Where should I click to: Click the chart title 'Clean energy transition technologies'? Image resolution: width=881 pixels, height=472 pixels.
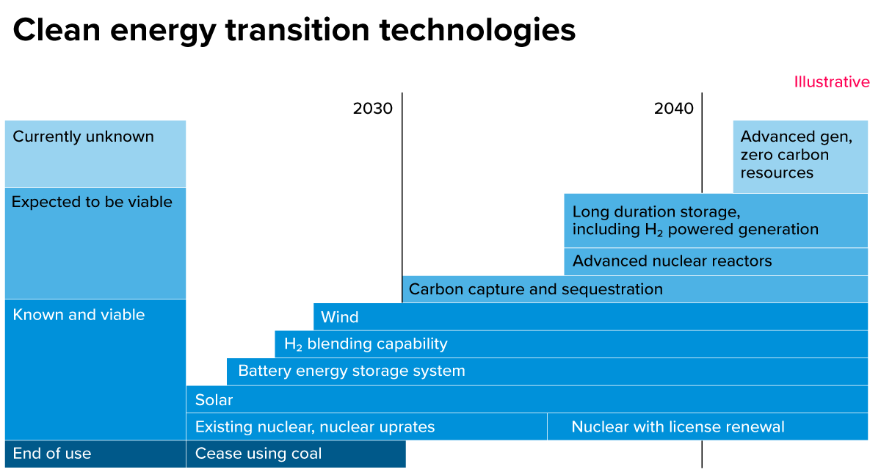tap(294, 31)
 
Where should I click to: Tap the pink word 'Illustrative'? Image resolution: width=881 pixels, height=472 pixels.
tap(831, 82)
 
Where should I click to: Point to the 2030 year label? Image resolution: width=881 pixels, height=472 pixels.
tap(372, 109)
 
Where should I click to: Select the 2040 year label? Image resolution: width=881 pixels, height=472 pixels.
tap(673, 109)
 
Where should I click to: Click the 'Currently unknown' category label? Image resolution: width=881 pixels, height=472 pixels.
tap(83, 137)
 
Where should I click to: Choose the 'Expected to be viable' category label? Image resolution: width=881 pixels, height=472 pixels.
tap(92, 202)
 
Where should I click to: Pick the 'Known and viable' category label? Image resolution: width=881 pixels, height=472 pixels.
tap(79, 315)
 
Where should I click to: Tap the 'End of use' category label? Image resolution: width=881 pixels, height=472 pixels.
tap(52, 454)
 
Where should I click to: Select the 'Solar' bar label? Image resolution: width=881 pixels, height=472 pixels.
tap(214, 400)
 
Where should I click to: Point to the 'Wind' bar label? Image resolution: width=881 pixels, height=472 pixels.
tap(339, 317)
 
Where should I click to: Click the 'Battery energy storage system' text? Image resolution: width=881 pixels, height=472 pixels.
tap(351, 371)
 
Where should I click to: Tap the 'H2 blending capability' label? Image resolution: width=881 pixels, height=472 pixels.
tap(366, 344)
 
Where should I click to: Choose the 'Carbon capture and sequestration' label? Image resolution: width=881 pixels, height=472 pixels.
tap(535, 289)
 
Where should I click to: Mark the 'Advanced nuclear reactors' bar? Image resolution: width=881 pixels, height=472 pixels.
tap(672, 261)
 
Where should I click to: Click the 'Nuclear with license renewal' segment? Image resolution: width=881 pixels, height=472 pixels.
tap(678, 427)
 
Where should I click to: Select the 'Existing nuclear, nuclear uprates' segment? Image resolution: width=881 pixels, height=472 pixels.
tap(315, 427)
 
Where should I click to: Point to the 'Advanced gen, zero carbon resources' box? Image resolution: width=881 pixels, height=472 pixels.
tap(796, 155)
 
